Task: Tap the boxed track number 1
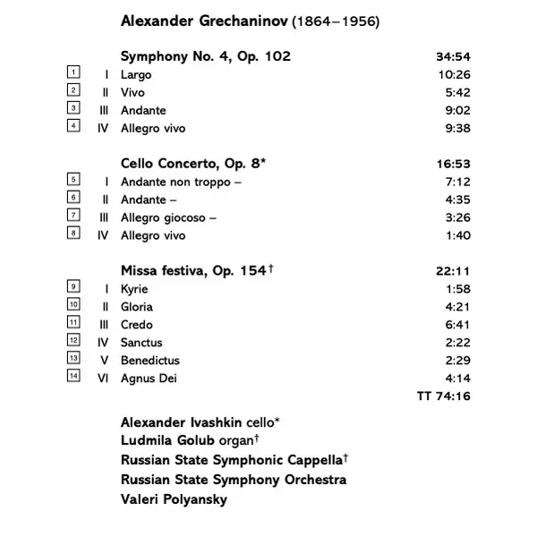73,73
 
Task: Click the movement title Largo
136,75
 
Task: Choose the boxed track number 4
73,126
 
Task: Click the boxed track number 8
73,234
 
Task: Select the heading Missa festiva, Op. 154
192,271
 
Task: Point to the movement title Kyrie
134,289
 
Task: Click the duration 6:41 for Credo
456,325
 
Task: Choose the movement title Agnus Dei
149,378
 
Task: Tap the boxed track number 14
73,376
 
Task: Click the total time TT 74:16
444,396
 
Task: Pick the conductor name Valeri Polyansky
174,499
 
